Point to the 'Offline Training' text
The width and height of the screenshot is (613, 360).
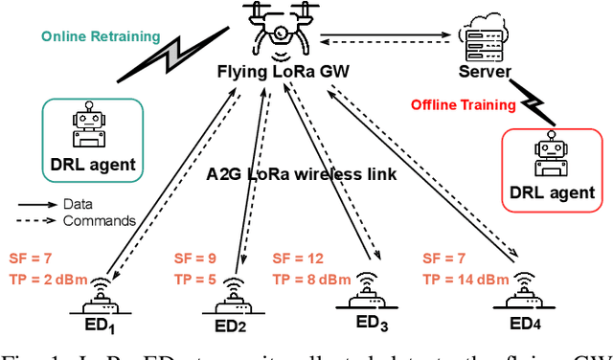[x=460, y=103]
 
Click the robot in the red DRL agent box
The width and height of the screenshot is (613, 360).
[x=554, y=153]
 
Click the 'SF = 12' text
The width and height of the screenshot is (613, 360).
[x=299, y=259]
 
